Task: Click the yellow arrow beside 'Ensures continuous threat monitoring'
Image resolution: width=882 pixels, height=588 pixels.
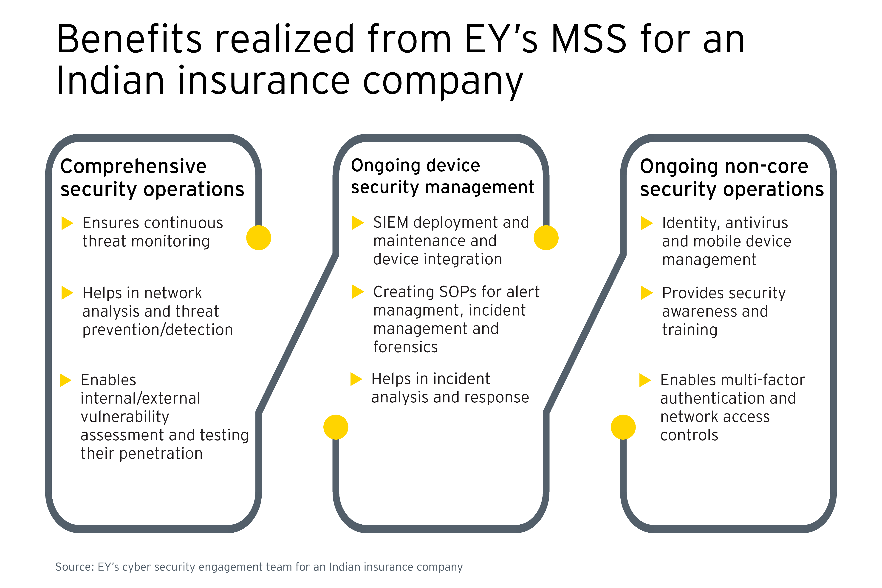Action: tap(67, 223)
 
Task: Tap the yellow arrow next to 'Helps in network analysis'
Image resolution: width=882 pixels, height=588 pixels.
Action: tap(67, 293)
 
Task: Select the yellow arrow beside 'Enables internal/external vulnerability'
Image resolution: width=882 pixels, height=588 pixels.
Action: tap(65, 380)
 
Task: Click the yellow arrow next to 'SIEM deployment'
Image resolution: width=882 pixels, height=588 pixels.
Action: tap(358, 223)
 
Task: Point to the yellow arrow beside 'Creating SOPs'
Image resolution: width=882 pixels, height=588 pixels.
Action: tap(358, 292)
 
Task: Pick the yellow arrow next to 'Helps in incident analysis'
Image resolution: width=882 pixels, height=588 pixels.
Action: tap(356, 379)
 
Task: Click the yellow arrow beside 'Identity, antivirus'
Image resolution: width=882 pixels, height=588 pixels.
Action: tap(647, 223)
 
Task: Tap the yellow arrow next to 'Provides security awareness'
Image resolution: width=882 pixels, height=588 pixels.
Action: tap(647, 293)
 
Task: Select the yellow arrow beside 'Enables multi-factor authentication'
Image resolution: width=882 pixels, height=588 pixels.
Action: tap(645, 380)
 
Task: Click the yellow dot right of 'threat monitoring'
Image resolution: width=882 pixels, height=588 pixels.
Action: tap(259, 238)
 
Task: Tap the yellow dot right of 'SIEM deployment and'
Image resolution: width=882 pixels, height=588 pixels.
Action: tap(546, 238)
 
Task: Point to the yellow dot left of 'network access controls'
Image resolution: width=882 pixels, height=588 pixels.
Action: tap(623, 427)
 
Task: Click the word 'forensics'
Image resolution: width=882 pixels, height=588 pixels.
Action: tap(405, 347)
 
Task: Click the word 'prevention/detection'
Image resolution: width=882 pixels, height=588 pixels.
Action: tap(158, 330)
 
